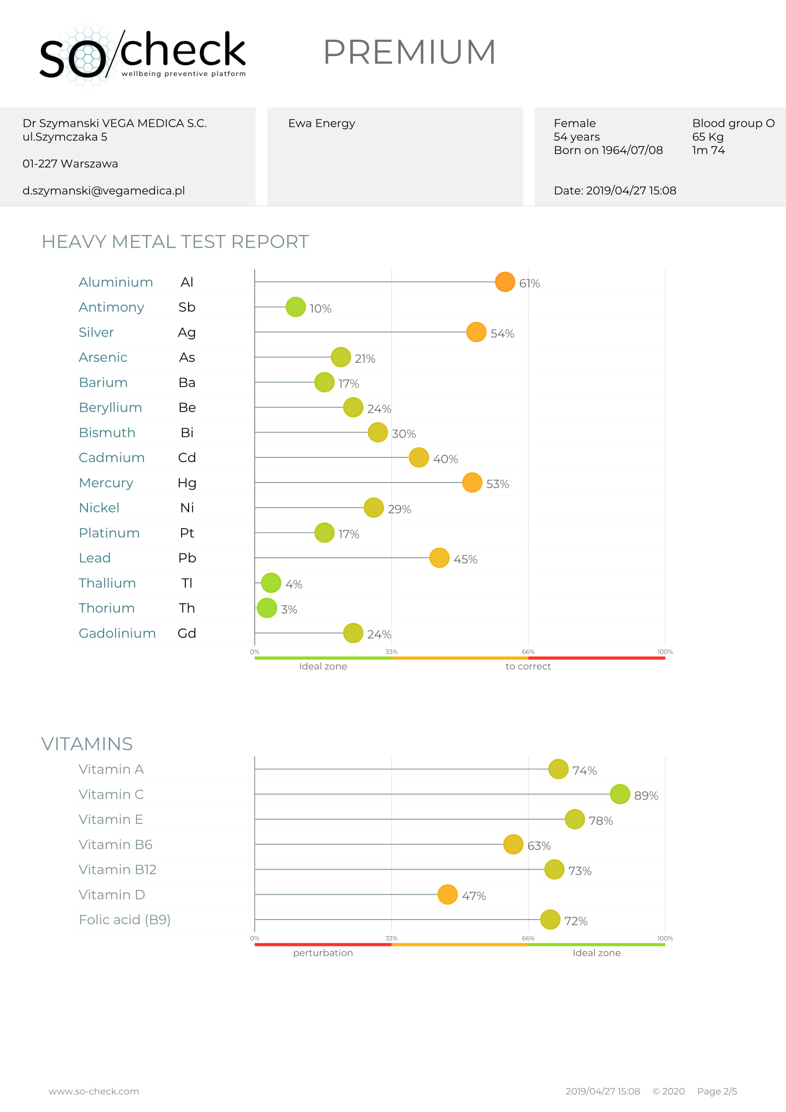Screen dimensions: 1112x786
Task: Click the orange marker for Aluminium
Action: [x=505, y=282]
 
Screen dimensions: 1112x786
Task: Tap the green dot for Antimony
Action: [x=296, y=307]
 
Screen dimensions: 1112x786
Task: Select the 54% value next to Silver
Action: [x=502, y=333]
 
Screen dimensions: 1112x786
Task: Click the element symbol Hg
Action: [x=187, y=483]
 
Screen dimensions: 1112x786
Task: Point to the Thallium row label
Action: [x=107, y=583]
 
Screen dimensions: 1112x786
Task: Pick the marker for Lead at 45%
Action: [x=439, y=558]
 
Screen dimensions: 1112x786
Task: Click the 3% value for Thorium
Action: [x=289, y=609]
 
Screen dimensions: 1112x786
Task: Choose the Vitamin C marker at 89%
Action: [x=620, y=794]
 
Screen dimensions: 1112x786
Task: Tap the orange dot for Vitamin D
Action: [x=447, y=895]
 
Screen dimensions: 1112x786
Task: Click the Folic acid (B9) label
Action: [x=125, y=920]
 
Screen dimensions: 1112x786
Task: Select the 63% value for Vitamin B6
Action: [x=539, y=846]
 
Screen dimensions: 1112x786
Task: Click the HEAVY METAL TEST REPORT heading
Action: [x=175, y=242]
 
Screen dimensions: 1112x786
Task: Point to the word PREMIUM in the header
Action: [x=410, y=52]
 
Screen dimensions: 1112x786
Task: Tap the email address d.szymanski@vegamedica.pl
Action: [x=104, y=191]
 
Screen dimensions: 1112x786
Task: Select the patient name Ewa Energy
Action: [x=321, y=124]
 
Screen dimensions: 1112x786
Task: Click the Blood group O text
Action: [x=733, y=124]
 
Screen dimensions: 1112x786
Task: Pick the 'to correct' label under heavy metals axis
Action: [x=528, y=667]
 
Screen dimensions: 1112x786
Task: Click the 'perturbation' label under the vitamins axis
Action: [x=323, y=953]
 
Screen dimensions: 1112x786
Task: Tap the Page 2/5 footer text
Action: [x=717, y=1091]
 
